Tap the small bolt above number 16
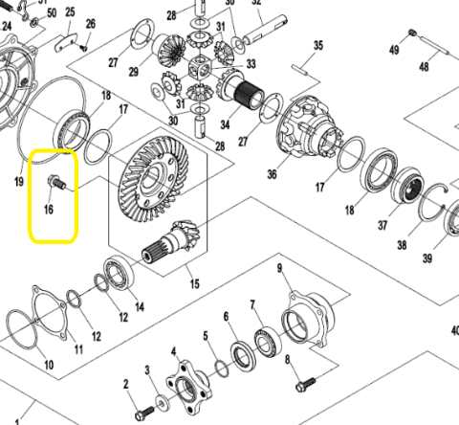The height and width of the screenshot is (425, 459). coord(54,179)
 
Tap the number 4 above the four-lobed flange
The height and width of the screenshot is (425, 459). coord(174,353)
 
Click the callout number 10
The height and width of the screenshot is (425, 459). coord(48,365)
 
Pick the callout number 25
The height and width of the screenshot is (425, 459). coord(70,12)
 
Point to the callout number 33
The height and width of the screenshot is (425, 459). coord(251,64)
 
